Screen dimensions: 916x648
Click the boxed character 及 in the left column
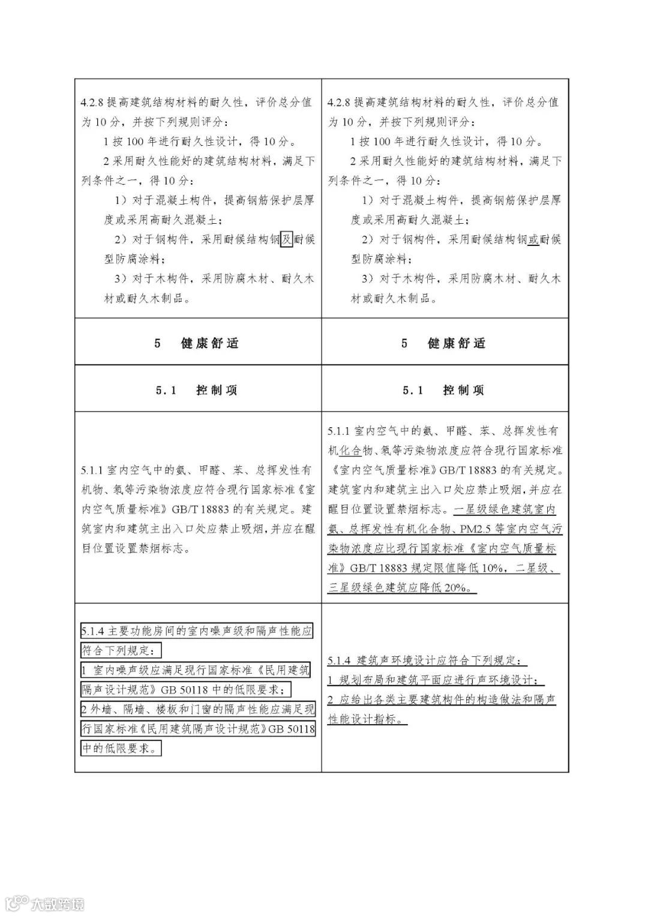pos(287,239)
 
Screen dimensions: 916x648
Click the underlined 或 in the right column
pos(533,239)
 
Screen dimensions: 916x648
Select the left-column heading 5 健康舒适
pos(197,343)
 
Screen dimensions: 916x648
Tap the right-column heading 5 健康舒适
pos(444,343)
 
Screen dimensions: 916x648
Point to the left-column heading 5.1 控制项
pos(197,390)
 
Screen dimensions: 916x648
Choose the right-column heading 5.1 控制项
pos(444,390)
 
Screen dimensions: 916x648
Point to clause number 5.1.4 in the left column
pos(94,631)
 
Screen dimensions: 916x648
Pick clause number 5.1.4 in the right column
pos(341,660)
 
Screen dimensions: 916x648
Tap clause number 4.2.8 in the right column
pos(340,102)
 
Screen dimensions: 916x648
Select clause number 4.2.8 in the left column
pos(93,102)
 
